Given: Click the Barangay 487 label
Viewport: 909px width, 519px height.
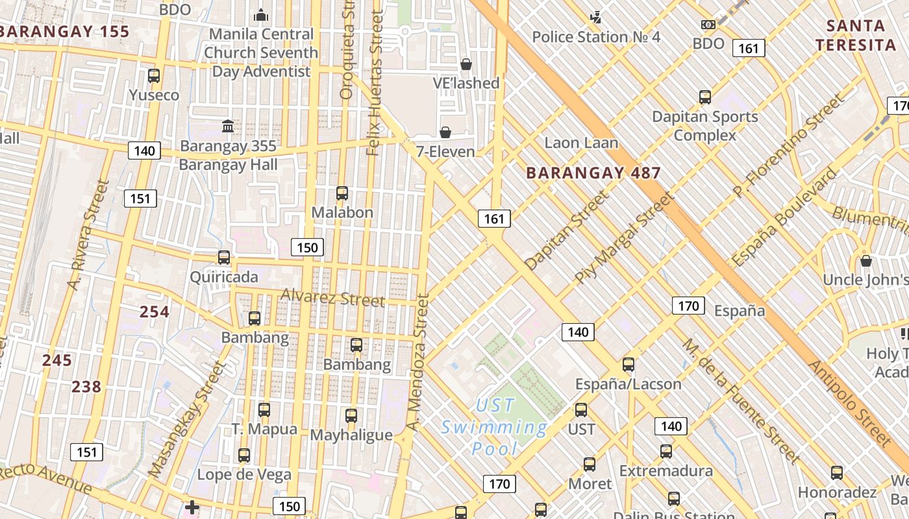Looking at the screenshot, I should (x=593, y=173).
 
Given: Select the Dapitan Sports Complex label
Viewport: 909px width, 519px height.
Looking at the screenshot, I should (x=705, y=126).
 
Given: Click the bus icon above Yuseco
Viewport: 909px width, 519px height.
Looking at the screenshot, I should (x=154, y=76).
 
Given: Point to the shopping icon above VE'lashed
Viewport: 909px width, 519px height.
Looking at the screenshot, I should (x=466, y=64).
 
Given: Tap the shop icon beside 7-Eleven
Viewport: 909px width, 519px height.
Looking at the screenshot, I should (x=445, y=132).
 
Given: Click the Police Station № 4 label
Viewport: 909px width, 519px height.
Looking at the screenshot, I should (x=596, y=37).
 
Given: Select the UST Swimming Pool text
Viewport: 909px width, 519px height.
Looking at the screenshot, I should (x=494, y=427).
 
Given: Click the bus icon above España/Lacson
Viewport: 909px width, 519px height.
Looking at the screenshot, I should (x=629, y=365).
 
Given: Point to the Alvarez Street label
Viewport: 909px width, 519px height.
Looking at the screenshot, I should (x=332, y=298).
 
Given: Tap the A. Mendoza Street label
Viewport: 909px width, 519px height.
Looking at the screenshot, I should (x=417, y=363).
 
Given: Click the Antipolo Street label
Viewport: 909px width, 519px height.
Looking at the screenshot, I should (x=851, y=402).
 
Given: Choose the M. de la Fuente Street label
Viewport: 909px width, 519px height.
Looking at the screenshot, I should (x=740, y=401).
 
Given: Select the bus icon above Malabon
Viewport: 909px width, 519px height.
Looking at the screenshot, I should (x=342, y=193).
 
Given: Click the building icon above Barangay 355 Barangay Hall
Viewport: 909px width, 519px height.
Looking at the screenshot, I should (x=228, y=126).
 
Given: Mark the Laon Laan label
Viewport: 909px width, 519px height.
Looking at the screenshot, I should (x=581, y=143).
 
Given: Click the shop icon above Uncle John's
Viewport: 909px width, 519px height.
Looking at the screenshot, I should (x=865, y=261).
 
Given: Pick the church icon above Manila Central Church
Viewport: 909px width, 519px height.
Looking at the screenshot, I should (x=261, y=14).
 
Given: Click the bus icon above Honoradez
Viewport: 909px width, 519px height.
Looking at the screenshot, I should (x=837, y=473).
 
